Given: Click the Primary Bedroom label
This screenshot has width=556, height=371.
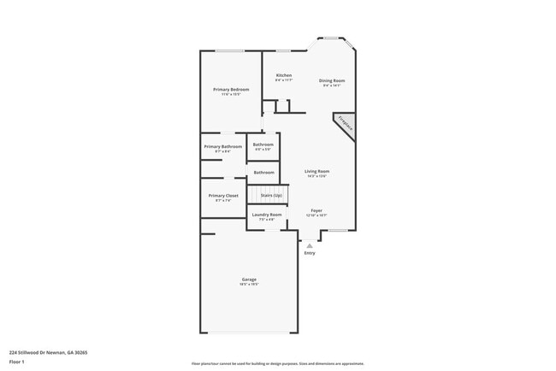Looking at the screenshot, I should (232, 89).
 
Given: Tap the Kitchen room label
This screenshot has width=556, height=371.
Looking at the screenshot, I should (283, 75).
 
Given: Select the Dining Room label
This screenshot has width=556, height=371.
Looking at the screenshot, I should (332, 80).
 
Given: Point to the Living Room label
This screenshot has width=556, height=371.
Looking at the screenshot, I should (317, 171).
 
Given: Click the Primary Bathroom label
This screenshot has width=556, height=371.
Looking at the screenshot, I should (222, 146).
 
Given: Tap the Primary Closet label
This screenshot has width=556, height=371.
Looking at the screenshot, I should (222, 196).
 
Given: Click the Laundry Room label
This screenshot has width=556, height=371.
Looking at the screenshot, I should (267, 214).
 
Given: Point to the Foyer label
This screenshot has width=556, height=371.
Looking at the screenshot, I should (316, 209).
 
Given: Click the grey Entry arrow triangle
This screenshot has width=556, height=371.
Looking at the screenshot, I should (310, 244).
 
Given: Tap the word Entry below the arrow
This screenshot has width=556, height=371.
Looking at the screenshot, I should (310, 253).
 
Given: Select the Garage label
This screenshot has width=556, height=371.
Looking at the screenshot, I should (249, 280).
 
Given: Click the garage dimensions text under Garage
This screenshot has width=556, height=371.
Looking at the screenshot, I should (249, 286).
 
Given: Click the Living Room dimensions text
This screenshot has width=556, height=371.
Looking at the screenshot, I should (317, 176).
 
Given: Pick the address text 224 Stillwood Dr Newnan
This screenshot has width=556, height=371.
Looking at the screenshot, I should (49, 351).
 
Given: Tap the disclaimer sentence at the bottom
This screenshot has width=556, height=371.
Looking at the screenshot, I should (277, 363).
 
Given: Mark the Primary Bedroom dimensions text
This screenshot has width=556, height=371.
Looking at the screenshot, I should (232, 94).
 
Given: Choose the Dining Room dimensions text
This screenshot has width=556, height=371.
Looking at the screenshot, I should (332, 85).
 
